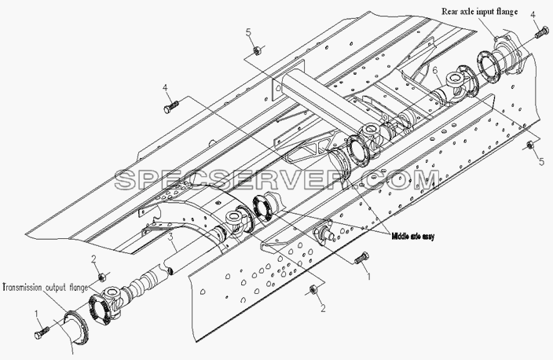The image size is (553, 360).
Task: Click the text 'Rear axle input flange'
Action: click(x=480, y=12)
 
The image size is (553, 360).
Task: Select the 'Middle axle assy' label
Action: click(x=413, y=237)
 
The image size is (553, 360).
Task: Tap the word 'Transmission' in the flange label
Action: click(x=23, y=288)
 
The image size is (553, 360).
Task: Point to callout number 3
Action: click(x=170, y=237)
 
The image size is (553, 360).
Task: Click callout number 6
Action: click(x=435, y=71)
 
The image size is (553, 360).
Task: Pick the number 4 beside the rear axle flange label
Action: click(x=533, y=15)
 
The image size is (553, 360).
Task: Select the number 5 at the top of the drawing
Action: click(x=249, y=32)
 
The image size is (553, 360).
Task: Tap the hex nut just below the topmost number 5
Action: click(x=257, y=51)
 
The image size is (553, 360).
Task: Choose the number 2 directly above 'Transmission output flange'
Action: click(x=93, y=259)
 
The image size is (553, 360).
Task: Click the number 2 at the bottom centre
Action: click(x=323, y=308)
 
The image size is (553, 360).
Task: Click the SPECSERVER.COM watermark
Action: click(x=277, y=180)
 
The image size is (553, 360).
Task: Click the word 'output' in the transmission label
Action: click(x=55, y=288)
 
